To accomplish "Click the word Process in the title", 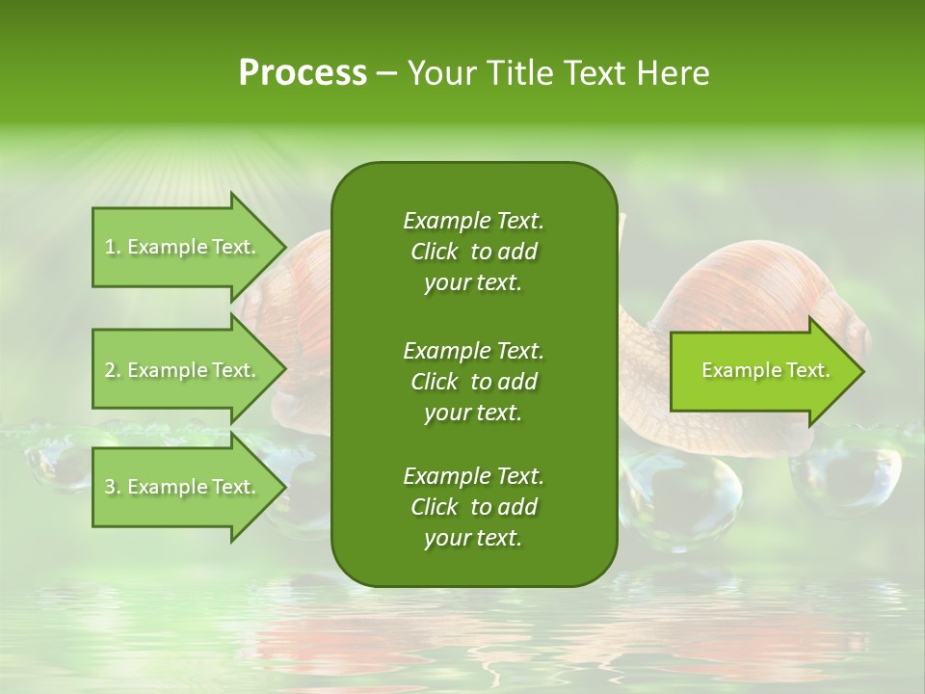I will click(303, 73).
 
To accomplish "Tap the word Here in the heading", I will click(673, 73).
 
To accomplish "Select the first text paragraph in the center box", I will click(473, 252).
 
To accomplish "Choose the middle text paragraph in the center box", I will click(473, 381).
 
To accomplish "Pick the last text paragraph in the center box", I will click(473, 507).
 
